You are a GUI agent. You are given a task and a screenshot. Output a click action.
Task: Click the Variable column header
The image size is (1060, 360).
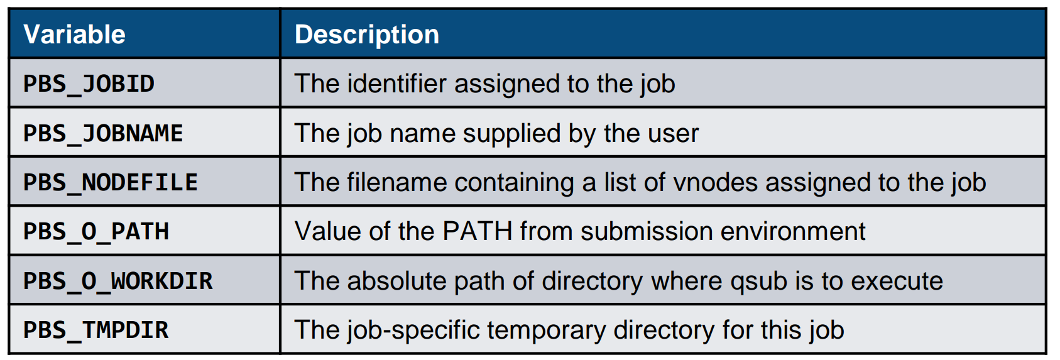point(74,35)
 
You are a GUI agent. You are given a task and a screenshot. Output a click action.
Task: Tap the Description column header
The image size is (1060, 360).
point(367,35)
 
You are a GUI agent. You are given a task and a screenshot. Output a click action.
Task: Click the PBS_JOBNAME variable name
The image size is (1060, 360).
point(103,133)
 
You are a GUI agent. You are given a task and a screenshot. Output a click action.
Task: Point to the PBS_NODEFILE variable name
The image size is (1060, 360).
point(110,183)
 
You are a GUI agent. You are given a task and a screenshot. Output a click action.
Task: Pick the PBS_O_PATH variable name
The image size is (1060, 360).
point(96,232)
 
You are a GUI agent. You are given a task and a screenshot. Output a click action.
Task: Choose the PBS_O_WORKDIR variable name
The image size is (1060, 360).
point(118,281)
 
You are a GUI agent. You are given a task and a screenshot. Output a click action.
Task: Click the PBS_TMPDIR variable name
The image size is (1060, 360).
point(96,330)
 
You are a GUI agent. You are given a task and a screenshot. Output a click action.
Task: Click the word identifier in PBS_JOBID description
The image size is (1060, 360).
point(396,84)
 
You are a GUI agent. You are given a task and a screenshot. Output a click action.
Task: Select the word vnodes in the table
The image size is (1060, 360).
point(715,183)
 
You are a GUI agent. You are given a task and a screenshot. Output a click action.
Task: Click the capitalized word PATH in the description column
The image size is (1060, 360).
point(477,231)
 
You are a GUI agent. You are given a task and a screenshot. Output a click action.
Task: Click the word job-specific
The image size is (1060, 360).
point(413,330)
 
